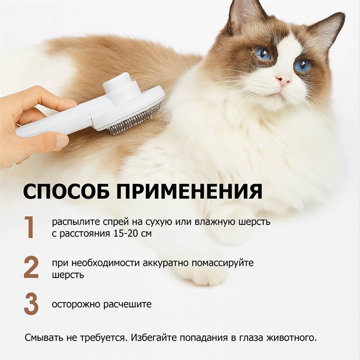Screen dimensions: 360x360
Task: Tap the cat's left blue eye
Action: pos(263,54)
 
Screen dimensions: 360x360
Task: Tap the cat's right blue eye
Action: pos(302,66)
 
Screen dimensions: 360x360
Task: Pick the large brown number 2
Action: pos(31,267)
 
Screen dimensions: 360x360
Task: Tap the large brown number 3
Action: pos(31,304)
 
